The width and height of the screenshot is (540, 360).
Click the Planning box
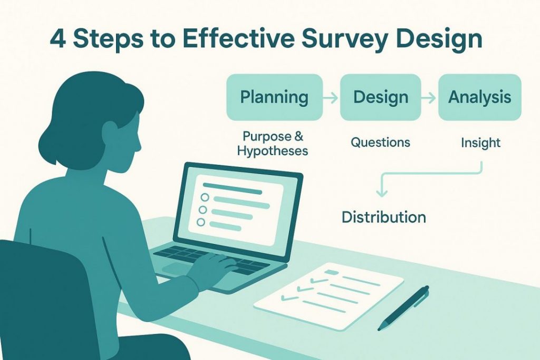274,97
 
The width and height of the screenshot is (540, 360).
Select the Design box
381,97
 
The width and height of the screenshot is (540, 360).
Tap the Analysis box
480,97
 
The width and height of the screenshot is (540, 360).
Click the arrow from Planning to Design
331,98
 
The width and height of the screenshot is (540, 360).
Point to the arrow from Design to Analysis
429,98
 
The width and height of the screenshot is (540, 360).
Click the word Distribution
384,217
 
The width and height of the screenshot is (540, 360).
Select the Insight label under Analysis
480,142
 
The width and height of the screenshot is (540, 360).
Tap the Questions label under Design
381,142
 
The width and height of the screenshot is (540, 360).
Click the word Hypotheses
273,151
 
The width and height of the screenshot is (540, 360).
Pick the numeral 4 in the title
58,38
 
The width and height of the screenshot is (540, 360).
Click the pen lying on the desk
403,308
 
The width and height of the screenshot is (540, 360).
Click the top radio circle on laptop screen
205,197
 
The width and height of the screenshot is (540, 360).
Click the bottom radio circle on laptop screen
201,222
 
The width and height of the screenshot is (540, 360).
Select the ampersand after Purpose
298,136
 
